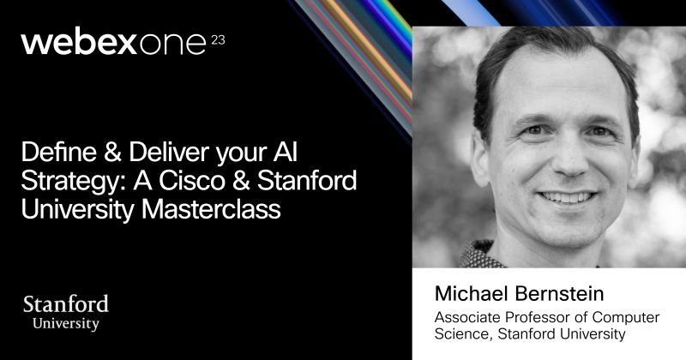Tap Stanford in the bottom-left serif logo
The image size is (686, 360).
pos(65,304)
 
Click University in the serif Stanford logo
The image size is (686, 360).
pos(66,324)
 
